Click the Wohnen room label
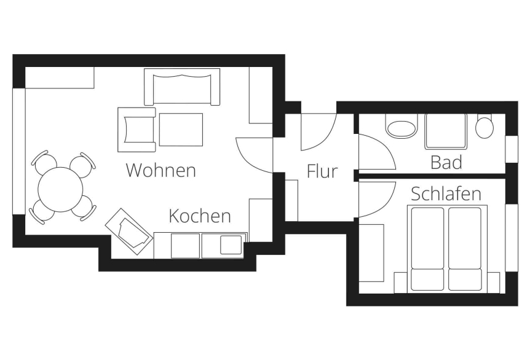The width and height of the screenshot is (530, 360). [x=160, y=170]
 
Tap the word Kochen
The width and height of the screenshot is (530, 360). [x=200, y=216]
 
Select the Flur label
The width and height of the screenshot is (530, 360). [x=322, y=171]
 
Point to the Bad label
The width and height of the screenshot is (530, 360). [x=446, y=163]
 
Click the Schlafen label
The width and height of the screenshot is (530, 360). [x=446, y=194]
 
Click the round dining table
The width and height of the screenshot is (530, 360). [x=61, y=189]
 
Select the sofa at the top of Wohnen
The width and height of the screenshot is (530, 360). [x=182, y=87]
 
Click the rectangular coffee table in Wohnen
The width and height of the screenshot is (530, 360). [x=181, y=129]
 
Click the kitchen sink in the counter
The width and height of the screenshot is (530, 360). [x=232, y=244]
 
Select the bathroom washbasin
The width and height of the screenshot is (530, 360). [x=401, y=128]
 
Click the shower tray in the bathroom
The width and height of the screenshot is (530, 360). [x=445, y=131]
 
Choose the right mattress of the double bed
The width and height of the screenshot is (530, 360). [x=465, y=248]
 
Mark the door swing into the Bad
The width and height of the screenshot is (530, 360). [x=374, y=154]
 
